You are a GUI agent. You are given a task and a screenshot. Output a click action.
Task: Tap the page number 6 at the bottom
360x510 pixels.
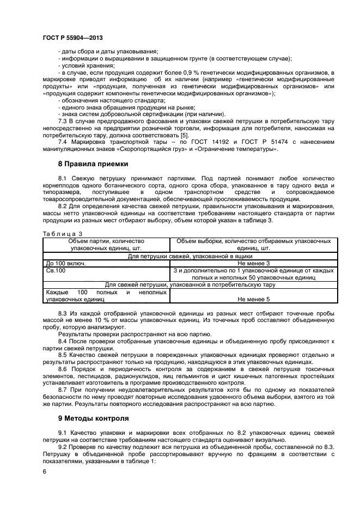click(x=44, y=473)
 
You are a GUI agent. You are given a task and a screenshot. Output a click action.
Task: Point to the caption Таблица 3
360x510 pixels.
click(x=58, y=233)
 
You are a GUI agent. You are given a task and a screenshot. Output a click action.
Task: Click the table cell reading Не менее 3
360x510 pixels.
click(x=253, y=263)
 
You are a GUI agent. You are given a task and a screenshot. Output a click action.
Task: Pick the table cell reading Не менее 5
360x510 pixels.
click(x=253, y=299)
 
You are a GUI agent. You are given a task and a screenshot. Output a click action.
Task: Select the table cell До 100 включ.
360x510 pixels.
click(x=65, y=263)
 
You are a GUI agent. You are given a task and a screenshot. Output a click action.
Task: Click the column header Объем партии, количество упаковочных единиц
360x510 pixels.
click(x=106, y=244)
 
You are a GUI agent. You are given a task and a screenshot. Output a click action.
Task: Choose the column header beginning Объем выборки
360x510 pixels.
click(x=253, y=244)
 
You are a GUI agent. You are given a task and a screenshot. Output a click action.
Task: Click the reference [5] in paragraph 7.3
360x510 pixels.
click(x=185, y=135)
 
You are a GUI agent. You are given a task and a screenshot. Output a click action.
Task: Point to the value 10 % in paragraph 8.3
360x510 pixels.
click(x=83, y=320)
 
